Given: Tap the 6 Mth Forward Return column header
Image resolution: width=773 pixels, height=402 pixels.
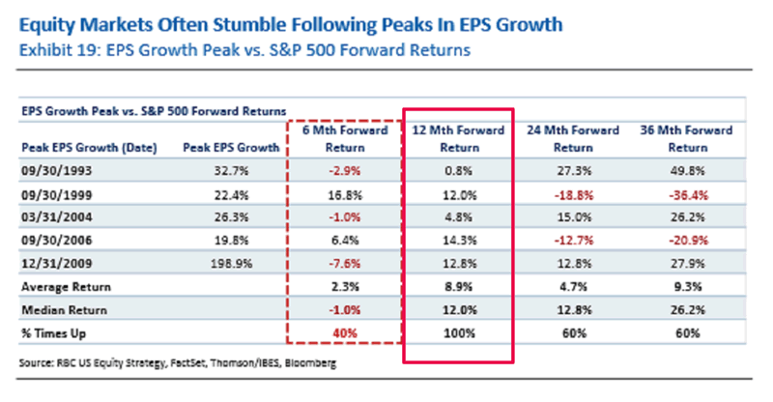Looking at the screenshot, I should click(345, 139).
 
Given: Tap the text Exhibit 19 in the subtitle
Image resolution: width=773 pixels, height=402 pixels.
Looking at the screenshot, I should click(58, 48).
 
